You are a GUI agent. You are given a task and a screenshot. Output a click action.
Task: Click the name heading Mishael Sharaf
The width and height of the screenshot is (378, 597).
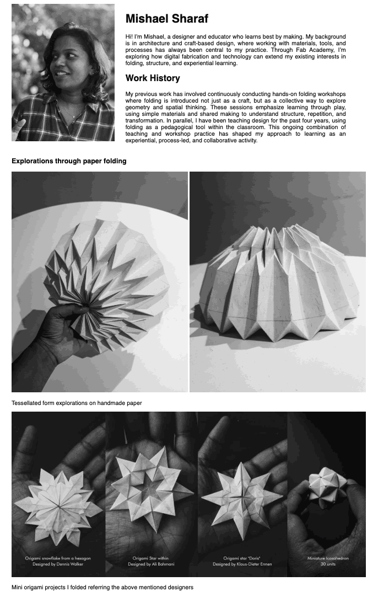point(166,19)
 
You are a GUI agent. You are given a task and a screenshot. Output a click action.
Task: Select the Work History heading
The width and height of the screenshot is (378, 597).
point(153,78)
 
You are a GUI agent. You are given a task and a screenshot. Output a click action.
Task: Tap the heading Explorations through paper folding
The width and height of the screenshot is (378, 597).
point(69,161)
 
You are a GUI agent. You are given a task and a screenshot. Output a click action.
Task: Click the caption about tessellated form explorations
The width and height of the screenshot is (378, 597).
point(77,403)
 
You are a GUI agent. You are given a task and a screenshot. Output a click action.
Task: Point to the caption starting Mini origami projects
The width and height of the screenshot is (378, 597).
point(102,587)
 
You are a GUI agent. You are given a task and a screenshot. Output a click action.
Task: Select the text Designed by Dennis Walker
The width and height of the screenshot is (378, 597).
point(58,564)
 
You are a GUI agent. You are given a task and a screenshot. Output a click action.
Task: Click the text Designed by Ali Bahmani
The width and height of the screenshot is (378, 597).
point(151,564)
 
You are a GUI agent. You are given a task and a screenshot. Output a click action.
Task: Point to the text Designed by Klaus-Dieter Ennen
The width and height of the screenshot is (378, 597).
point(242,564)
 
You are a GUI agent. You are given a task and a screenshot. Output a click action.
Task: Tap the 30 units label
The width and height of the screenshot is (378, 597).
point(328,564)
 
